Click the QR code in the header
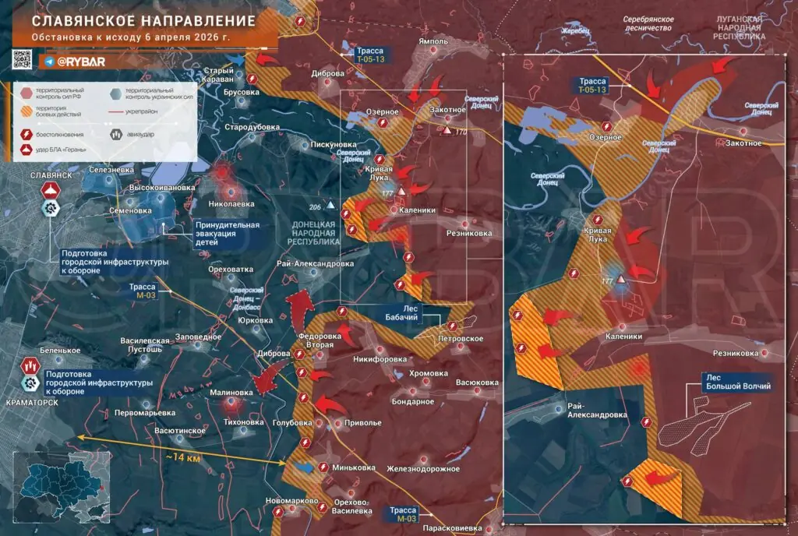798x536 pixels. point(22,60)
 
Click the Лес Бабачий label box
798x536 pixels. point(399,313)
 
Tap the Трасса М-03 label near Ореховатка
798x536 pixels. point(143,291)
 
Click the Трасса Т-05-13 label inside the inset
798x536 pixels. point(592,85)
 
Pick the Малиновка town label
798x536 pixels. point(231,393)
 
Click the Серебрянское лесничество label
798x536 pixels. point(648,22)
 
